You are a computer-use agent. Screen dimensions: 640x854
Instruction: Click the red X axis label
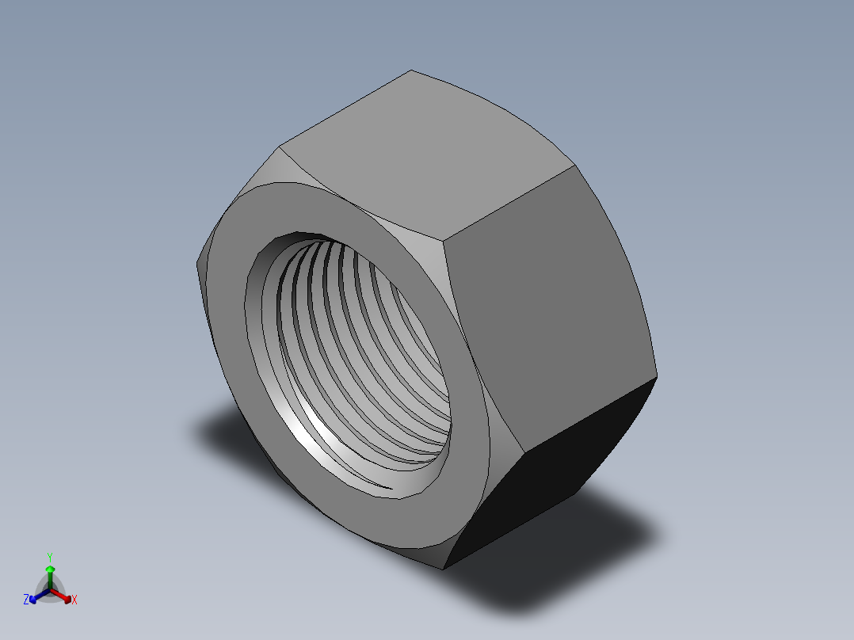coord(74,600)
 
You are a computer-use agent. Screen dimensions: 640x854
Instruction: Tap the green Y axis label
coord(49,556)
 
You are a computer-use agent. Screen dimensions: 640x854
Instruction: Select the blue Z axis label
coord(26,600)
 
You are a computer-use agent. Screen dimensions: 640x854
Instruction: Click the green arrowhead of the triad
coord(50,569)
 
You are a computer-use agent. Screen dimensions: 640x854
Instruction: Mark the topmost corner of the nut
coord(411,70)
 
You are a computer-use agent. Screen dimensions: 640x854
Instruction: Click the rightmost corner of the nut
coord(657,375)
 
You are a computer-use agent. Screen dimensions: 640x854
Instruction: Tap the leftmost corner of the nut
coord(196,261)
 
